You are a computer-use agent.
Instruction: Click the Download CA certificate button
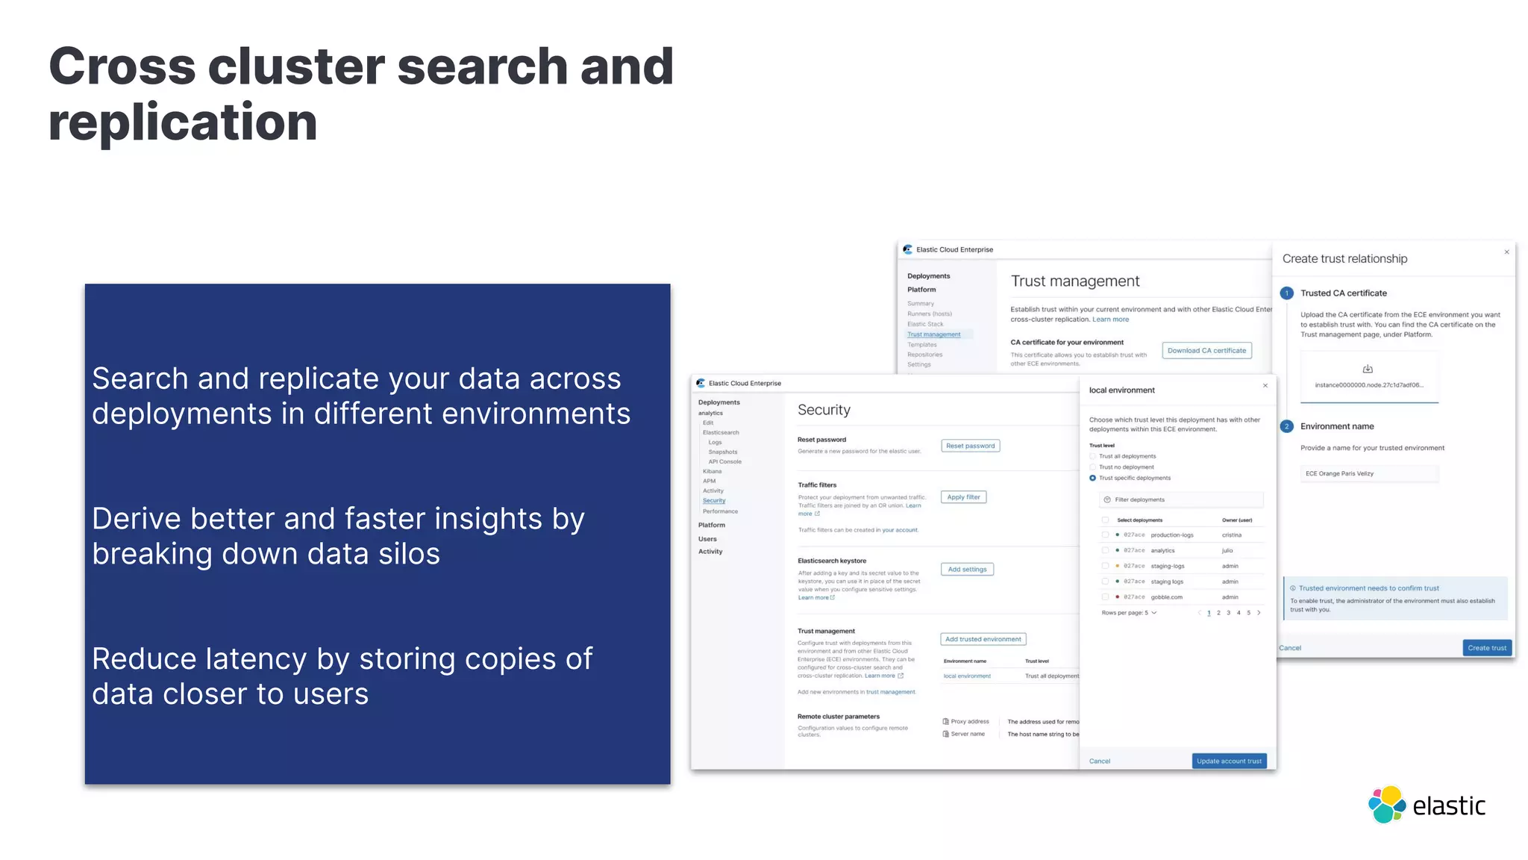(1206, 350)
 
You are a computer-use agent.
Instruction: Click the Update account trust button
(1229, 761)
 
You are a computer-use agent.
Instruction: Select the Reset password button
(970, 446)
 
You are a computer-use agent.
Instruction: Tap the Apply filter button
(963, 497)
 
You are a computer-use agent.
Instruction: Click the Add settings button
(967, 569)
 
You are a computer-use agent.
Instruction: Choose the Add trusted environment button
(983, 639)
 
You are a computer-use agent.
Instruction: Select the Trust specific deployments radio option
(1093, 478)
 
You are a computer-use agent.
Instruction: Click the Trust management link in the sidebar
(933, 334)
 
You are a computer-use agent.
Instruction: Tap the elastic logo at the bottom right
(1427, 805)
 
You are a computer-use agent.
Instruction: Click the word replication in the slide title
(183, 122)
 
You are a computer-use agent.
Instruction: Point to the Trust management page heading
(1075, 281)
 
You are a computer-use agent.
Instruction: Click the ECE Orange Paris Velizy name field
(1369, 473)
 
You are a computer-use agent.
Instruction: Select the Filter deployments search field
(1181, 499)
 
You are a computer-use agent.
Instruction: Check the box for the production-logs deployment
(1105, 535)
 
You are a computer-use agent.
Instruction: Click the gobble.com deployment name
(1166, 597)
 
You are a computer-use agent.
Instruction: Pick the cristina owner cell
(1232, 535)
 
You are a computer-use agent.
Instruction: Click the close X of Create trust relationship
(1506, 252)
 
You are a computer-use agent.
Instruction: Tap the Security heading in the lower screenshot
(824, 410)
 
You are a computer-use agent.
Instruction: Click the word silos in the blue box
(406, 554)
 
